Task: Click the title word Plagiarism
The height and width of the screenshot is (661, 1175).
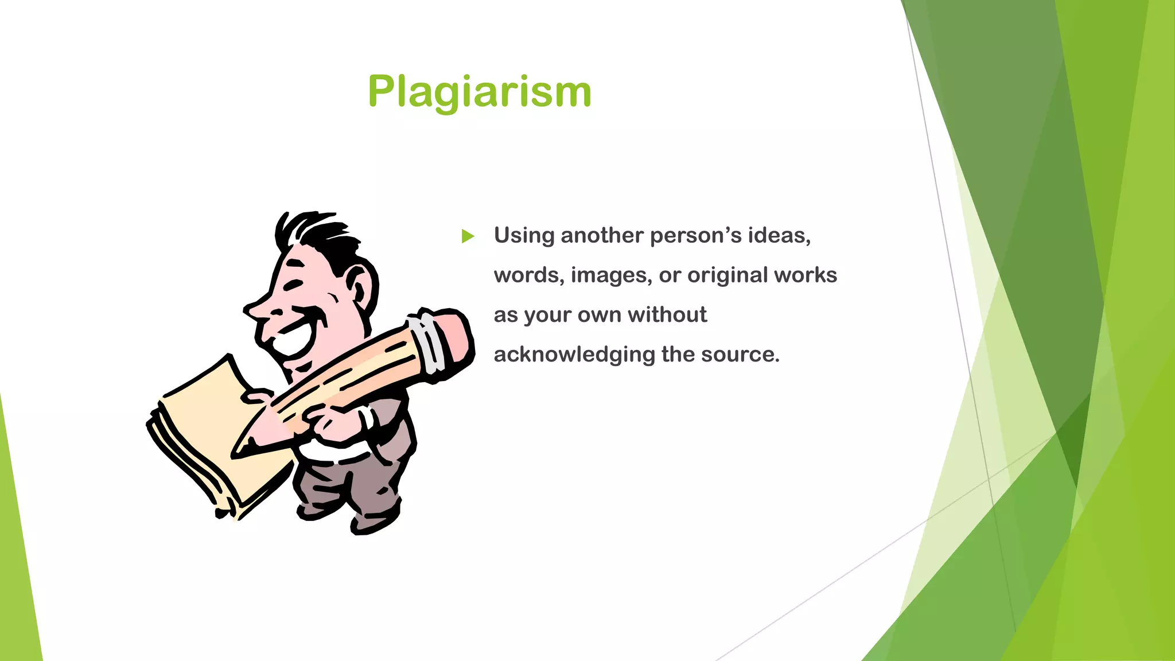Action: tap(479, 92)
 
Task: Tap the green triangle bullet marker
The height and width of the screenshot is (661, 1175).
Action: tap(468, 236)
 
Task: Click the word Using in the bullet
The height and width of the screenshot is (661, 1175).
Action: tap(524, 236)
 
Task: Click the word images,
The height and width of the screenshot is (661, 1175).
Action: tap(611, 276)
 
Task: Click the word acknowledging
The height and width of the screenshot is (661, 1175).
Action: tap(574, 355)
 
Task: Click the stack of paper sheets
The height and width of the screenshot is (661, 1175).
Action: tap(212, 436)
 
